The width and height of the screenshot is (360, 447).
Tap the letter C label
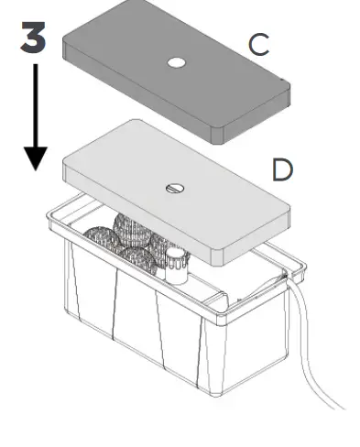(259, 45)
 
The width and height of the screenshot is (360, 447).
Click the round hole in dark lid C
(177, 63)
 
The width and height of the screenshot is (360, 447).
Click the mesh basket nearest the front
(137, 259)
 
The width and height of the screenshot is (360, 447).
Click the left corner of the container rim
(50, 216)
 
